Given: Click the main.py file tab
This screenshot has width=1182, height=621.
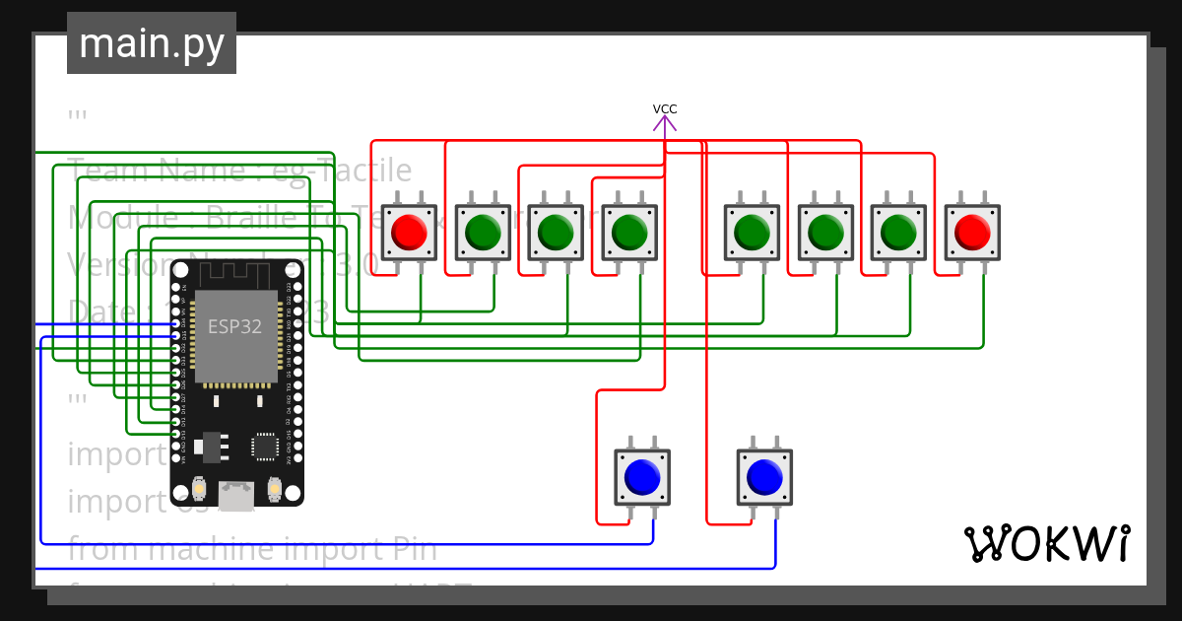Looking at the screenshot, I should point(151,43).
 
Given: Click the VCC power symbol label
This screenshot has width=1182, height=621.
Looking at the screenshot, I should point(665,109).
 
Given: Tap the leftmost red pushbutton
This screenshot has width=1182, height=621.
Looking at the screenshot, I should point(408,233).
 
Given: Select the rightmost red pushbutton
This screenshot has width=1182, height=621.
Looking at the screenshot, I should point(971,233).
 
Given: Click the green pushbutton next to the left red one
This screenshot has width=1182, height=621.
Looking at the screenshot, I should point(482,233).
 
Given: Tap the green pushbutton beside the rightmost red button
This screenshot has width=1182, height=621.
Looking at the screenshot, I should point(897,233).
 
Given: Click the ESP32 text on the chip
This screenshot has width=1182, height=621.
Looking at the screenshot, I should point(234,326).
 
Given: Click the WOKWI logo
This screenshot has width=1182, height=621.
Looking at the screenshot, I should point(1046,543).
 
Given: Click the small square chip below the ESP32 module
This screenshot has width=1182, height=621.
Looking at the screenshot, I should point(264,447).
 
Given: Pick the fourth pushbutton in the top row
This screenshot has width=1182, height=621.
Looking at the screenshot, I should point(628,233).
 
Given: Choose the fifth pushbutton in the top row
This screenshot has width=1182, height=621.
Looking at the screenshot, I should point(752,233).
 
